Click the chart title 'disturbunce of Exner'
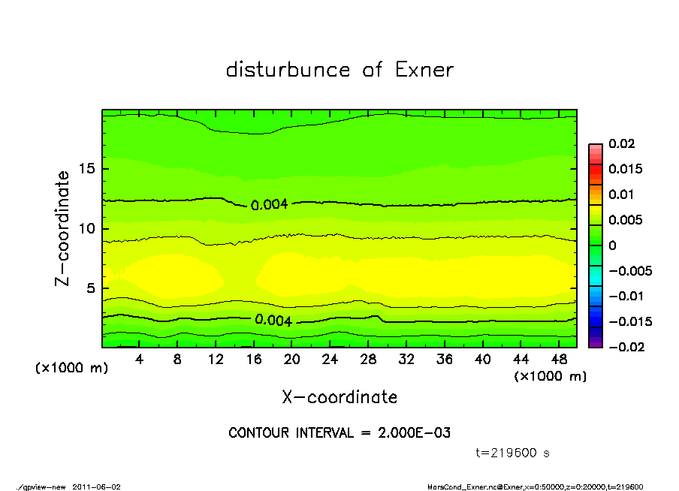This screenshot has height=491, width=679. pyautogui.click(x=339, y=70)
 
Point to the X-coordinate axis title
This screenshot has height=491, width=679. pyautogui.click(x=339, y=397)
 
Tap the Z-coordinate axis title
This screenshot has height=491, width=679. pyautogui.click(x=63, y=227)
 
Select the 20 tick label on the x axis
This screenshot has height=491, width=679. pyautogui.click(x=292, y=360)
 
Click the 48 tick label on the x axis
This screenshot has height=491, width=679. pyautogui.click(x=560, y=360)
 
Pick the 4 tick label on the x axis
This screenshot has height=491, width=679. pyautogui.click(x=140, y=360)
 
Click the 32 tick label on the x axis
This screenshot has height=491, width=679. pyautogui.click(x=407, y=360)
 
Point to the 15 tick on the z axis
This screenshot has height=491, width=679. pyautogui.click(x=87, y=168)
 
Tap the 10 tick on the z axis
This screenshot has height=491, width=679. pyautogui.click(x=87, y=228)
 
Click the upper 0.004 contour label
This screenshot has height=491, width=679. pyautogui.click(x=269, y=204)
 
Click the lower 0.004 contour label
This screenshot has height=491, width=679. pyautogui.click(x=273, y=320)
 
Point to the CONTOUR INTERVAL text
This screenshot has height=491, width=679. pyautogui.click(x=339, y=433)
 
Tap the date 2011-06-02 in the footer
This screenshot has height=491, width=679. pyautogui.click(x=96, y=486)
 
